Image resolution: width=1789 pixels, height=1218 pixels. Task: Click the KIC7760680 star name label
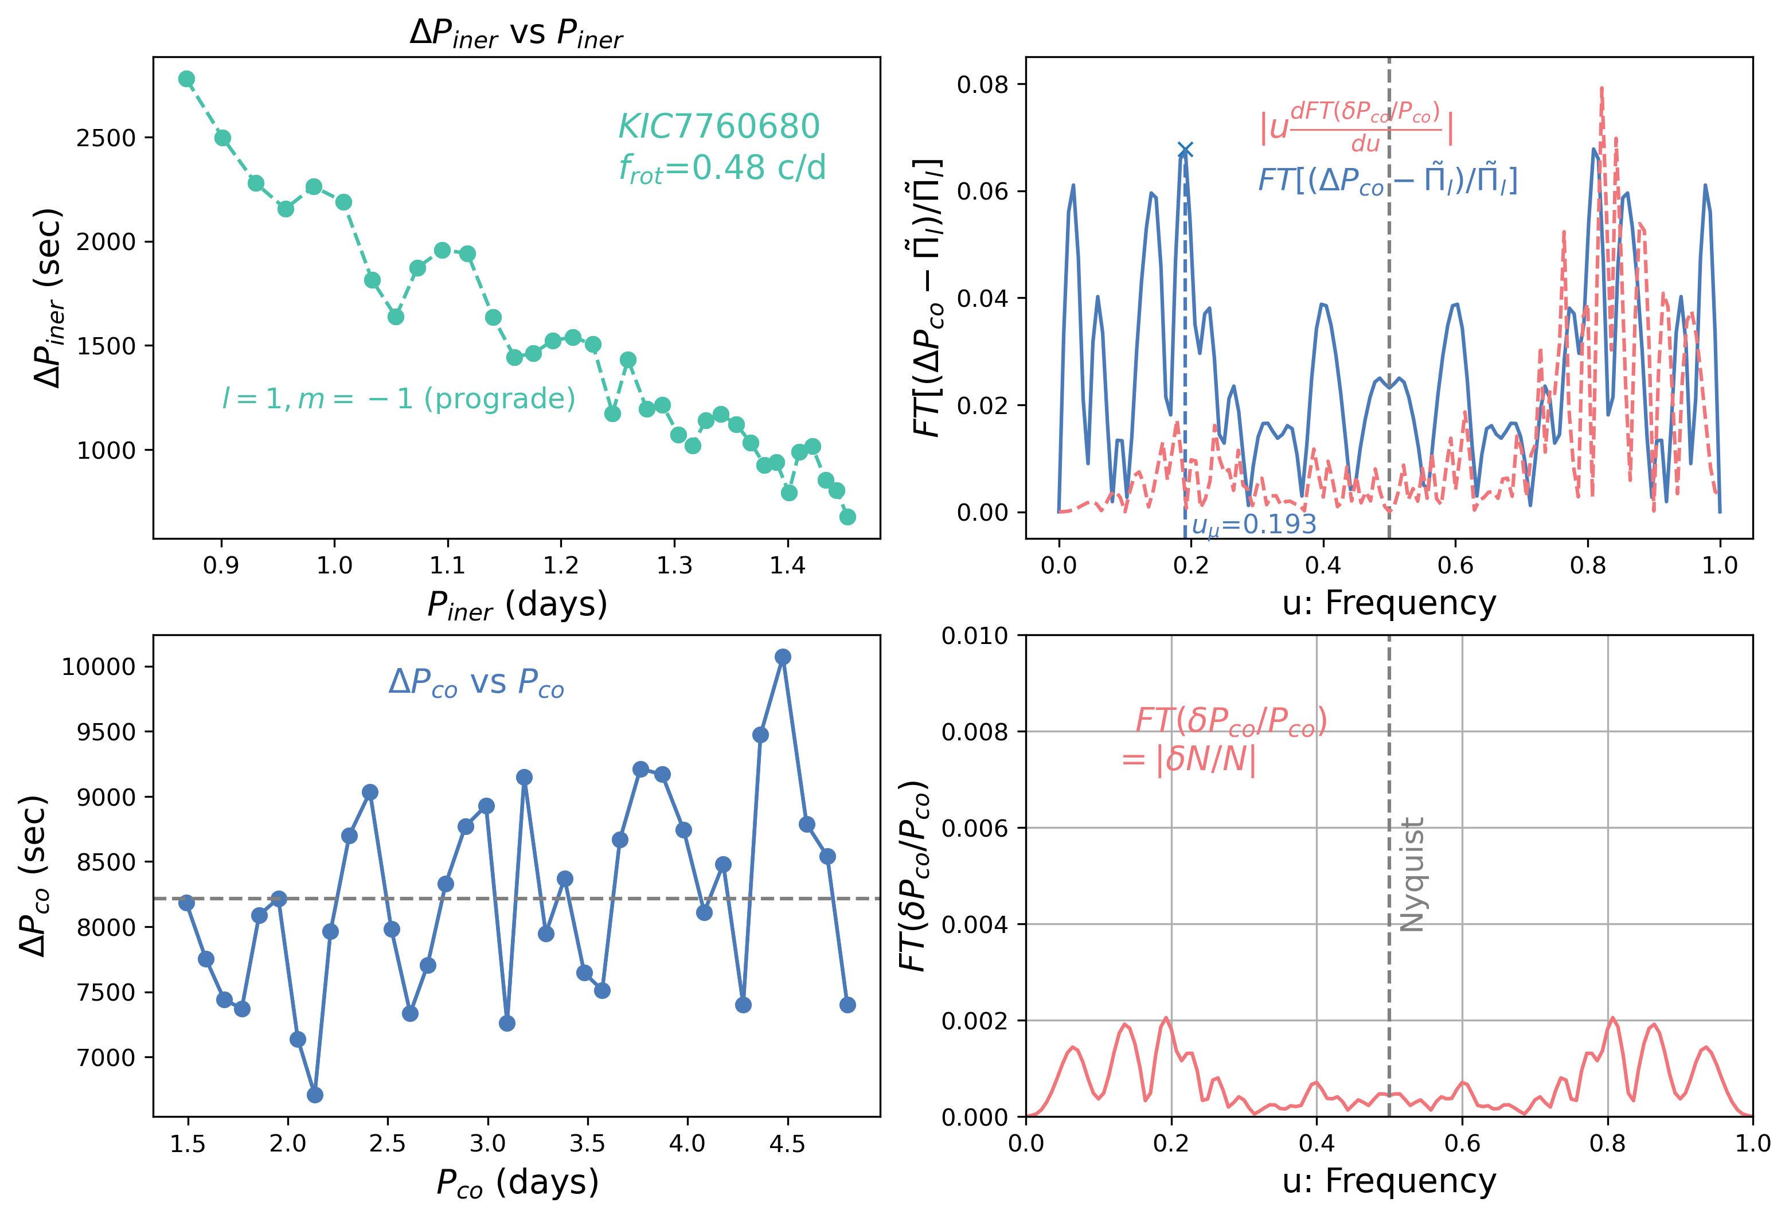pos(719,126)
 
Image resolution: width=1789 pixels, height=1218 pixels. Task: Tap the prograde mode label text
pos(399,398)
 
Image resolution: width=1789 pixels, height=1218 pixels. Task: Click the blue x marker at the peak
pos(1185,149)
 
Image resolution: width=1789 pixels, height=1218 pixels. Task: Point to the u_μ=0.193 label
pos(1254,524)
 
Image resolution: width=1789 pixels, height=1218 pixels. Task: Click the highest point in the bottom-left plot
pos(783,657)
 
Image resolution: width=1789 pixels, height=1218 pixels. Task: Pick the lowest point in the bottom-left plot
pos(315,1095)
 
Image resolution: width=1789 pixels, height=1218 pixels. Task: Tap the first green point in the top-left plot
pos(186,79)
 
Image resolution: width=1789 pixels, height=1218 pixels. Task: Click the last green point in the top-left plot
pos(847,517)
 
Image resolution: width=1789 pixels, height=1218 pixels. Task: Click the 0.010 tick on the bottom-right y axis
pos(975,636)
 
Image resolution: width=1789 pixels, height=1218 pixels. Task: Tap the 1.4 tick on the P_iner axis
pos(787,566)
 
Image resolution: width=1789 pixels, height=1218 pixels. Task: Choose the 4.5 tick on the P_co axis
pos(787,1144)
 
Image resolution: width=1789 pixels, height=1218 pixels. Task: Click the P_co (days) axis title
pos(517,1182)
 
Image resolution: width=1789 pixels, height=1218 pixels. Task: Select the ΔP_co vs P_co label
pos(476,683)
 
